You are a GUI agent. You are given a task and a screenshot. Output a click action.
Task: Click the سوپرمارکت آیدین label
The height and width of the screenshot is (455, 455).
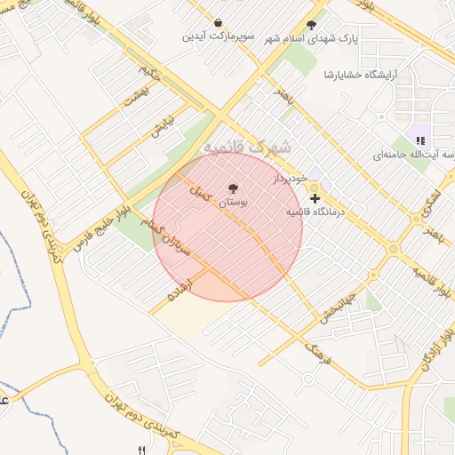[x=219, y=37]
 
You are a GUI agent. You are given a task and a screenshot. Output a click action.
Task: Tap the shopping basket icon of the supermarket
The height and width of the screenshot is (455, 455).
[x=219, y=23]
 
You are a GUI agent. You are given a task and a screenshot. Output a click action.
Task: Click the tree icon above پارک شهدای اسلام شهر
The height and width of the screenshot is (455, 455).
[x=311, y=25]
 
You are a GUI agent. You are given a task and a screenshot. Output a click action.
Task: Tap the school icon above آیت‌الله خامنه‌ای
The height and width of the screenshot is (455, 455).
[x=420, y=140]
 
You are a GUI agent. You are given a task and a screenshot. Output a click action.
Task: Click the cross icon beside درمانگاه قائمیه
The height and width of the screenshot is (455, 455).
[x=315, y=198]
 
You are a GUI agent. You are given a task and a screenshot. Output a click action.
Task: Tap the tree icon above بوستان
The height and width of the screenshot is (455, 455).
[x=234, y=188]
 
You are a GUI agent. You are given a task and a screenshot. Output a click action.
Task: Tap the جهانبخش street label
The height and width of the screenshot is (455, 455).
[x=339, y=305]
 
